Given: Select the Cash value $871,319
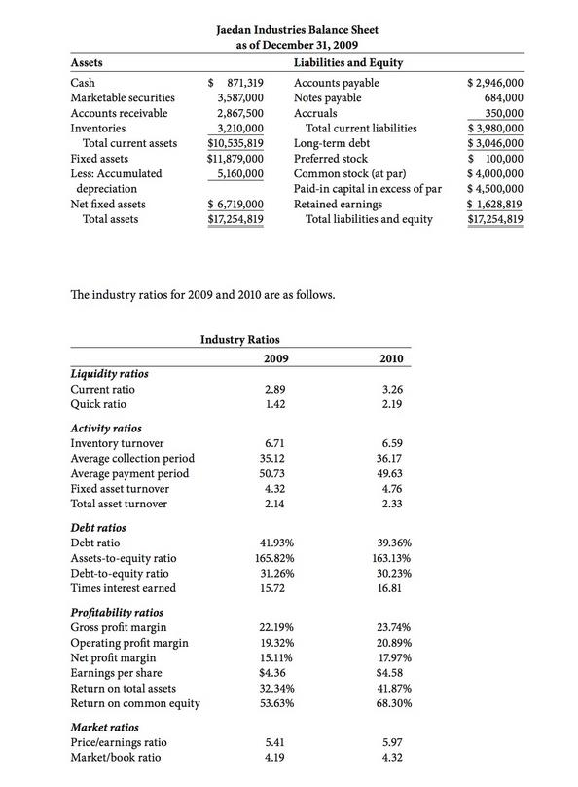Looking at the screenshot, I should click(x=237, y=84).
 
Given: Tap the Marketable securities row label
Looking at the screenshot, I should click(x=124, y=98).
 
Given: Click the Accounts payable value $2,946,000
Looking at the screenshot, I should click(x=496, y=84).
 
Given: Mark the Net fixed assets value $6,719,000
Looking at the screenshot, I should click(x=236, y=205).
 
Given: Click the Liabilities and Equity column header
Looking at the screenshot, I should click(x=347, y=63).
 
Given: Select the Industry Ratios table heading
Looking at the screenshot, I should click(x=239, y=339).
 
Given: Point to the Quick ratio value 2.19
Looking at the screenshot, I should click(x=391, y=403).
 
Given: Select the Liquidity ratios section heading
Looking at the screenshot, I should click(x=110, y=373).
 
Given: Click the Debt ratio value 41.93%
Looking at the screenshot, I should click(x=271, y=542).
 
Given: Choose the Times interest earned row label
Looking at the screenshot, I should click(x=124, y=588).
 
